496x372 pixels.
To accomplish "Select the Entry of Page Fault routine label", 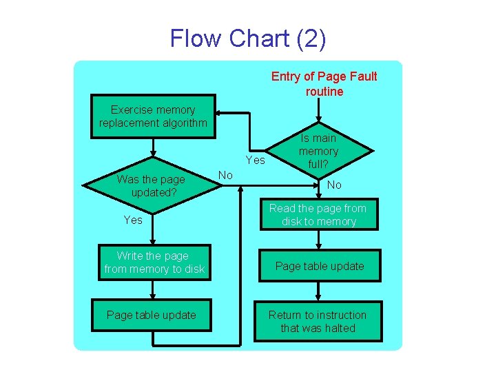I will [x=324, y=84].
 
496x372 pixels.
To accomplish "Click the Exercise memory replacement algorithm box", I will [x=153, y=116].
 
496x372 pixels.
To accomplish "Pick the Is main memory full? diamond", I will [x=318, y=151].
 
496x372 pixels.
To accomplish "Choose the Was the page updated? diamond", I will [x=151, y=185].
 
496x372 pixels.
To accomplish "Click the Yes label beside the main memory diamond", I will [x=255, y=160].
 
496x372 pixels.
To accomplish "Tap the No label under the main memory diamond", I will [x=334, y=185].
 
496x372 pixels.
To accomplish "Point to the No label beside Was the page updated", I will [x=225, y=175].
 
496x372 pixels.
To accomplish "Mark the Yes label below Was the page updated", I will [x=133, y=220].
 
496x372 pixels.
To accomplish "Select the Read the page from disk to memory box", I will [x=318, y=215].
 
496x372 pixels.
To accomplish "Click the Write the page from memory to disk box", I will [x=154, y=262].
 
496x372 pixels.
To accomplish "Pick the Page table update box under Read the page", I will [x=319, y=266].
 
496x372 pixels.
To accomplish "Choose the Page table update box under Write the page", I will [x=152, y=315].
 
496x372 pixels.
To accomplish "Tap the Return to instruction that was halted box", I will [x=318, y=322].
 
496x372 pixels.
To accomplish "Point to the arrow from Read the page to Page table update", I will [x=318, y=240].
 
